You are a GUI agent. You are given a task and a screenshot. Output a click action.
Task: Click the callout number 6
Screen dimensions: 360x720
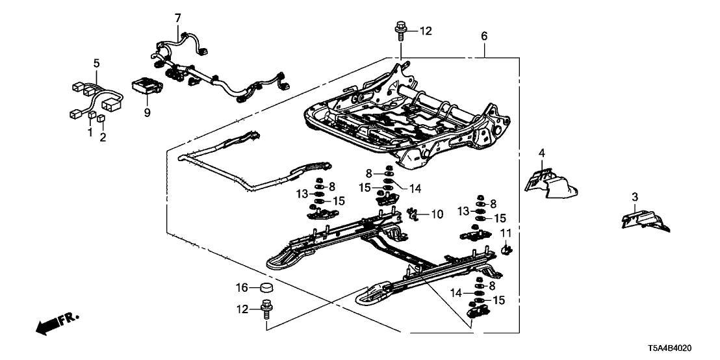484,36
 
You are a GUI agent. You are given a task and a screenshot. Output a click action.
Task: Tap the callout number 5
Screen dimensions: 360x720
96,64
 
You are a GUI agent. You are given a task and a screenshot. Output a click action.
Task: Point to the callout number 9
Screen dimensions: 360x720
147,113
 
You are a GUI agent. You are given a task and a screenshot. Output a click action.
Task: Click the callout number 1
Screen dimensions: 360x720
90,133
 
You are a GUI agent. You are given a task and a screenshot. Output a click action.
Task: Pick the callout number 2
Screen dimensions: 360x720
103,136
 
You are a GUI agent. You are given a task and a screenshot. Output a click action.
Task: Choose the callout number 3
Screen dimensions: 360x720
635,197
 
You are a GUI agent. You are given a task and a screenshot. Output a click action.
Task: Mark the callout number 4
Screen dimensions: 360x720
541,153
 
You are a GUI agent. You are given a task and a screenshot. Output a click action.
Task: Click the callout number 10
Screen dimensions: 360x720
437,213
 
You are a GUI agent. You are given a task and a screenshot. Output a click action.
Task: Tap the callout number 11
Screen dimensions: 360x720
506,232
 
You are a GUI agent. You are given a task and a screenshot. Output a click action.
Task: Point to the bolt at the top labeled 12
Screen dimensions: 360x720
399,29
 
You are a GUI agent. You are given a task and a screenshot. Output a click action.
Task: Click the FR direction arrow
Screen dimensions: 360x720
55,324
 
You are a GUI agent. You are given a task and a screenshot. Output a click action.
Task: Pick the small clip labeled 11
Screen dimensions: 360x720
509,248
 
